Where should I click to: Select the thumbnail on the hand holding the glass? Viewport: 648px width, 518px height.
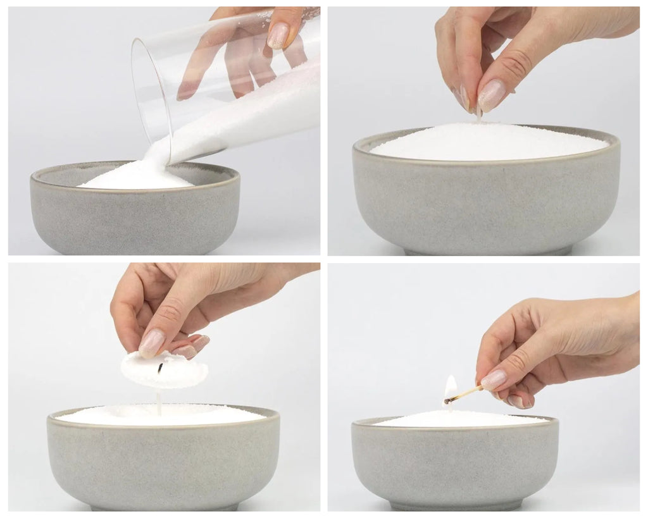point(278,35)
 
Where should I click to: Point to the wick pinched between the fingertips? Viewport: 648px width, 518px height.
point(479,114)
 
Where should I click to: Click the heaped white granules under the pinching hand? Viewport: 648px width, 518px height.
point(487,142)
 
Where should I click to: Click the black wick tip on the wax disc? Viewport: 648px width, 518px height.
point(161,367)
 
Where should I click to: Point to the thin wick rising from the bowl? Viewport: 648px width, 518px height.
point(159,402)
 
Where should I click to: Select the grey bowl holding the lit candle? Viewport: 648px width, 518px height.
point(454,462)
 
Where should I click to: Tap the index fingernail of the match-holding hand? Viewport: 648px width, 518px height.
point(494,379)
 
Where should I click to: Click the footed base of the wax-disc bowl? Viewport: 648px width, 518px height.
point(163,507)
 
